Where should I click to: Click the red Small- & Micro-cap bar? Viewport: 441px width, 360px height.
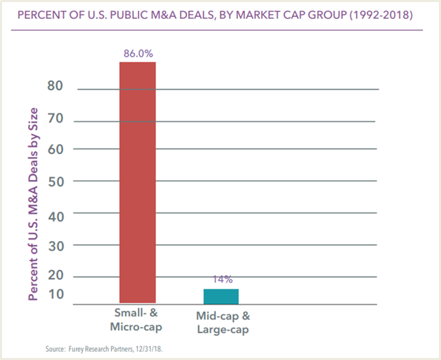[x=137, y=181]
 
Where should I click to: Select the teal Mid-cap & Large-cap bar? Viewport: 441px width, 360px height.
[x=220, y=295]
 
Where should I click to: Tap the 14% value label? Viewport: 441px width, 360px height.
[x=220, y=279]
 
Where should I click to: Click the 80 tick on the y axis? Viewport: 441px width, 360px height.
[x=55, y=86]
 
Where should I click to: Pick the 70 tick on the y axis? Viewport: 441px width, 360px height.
[x=55, y=118]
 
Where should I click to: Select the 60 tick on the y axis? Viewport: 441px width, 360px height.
[x=55, y=148]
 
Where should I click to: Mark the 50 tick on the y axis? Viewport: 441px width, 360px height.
[x=55, y=181]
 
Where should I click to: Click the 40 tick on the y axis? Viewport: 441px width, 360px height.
[x=55, y=216]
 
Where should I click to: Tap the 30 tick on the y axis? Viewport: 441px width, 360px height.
[x=55, y=246]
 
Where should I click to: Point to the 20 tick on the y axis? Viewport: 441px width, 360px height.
[x=55, y=275]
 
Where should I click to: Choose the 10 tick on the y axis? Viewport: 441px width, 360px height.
[x=55, y=293]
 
